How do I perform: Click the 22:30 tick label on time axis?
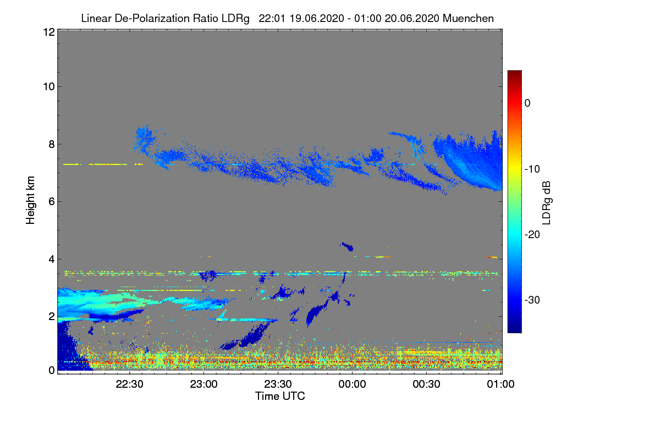point(130,384)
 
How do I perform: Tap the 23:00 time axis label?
point(204,384)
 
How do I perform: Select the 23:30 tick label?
point(278,384)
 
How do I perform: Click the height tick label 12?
point(48,32)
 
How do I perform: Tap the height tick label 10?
point(48,86)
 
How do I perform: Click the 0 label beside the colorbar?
point(527,103)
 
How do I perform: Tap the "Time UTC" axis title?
point(280,396)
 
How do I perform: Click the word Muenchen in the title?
point(468,18)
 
